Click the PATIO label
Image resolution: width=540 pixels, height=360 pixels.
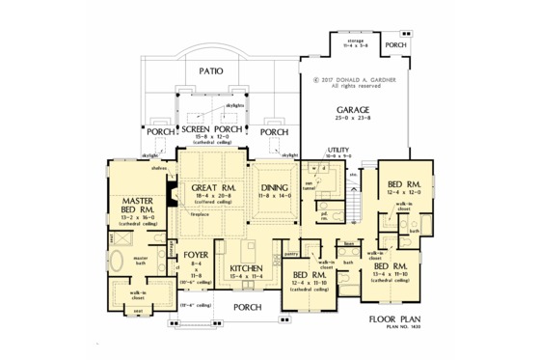pyautogui.click(x=211, y=70)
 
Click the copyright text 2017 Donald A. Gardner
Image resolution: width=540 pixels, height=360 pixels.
pyautogui.click(x=353, y=79)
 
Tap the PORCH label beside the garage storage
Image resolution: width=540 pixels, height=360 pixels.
pyautogui.click(x=395, y=45)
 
